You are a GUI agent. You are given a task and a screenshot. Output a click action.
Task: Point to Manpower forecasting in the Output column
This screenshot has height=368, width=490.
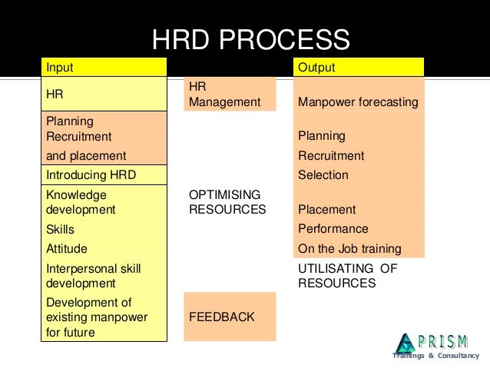click(358, 102)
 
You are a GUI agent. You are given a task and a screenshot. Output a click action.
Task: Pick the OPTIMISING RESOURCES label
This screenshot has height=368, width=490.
click(227, 202)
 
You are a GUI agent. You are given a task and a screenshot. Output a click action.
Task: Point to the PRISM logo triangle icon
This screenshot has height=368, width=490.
click(405, 344)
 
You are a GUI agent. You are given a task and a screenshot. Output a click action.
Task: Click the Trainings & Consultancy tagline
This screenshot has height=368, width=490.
click(435, 356)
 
